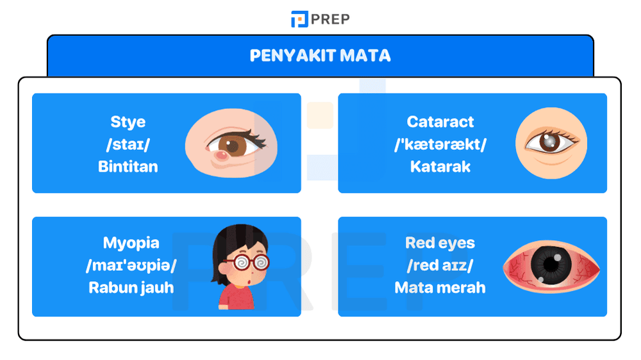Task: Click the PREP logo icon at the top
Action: [x=299, y=19]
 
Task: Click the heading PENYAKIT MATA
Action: [x=320, y=55]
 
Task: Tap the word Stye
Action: [x=128, y=122]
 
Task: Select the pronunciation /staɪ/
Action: [x=128, y=144]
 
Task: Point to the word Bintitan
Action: [x=128, y=167]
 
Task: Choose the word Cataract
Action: [x=440, y=122]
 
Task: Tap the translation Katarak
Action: [x=440, y=167]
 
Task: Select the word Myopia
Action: [x=131, y=243]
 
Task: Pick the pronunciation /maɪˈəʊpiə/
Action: [x=131, y=265]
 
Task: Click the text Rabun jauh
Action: [x=131, y=287]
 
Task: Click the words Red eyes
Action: [x=440, y=243]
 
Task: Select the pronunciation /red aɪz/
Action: [x=440, y=265]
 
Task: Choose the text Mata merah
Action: [x=440, y=287]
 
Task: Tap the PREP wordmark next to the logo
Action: [x=331, y=19]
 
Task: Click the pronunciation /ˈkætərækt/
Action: [x=440, y=144]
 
